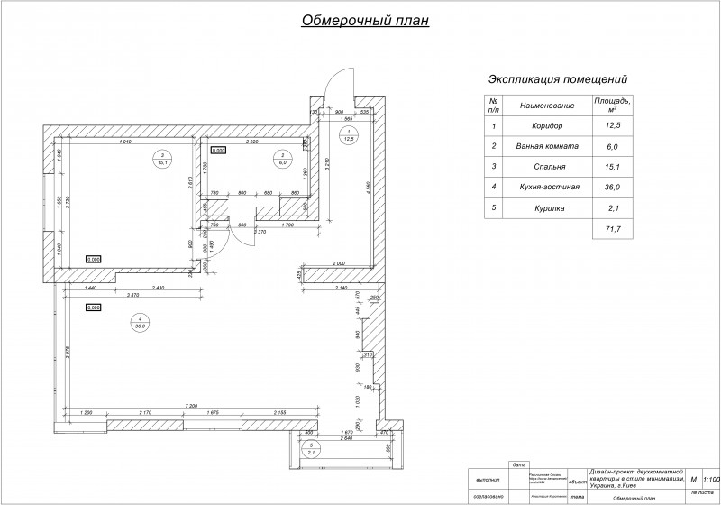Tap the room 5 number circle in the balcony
tap(310, 446)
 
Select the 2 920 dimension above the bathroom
tap(254, 142)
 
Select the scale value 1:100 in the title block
tap(710, 480)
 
